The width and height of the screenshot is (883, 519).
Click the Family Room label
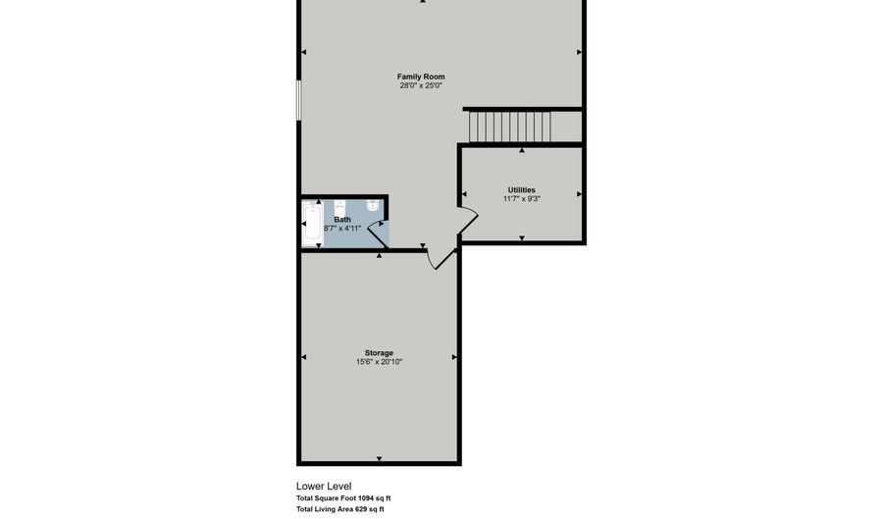[421, 77]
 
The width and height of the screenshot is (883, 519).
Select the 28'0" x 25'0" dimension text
[421, 86]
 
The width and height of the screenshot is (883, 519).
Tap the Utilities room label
[521, 189]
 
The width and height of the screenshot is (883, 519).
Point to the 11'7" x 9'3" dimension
[521, 199]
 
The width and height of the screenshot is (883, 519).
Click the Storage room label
[379, 353]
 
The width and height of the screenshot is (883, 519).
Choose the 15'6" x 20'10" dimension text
[379, 362]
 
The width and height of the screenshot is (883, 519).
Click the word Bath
[342, 220]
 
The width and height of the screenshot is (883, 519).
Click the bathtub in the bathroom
[311, 224]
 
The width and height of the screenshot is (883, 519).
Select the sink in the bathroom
[374, 206]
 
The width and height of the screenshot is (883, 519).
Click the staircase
[510, 127]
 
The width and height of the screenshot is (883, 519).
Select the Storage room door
[441, 257]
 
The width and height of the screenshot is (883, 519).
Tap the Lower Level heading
[324, 486]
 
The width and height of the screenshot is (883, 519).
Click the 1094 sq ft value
[374, 498]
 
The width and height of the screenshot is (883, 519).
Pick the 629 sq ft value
[369, 509]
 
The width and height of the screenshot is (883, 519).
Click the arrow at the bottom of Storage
[379, 458]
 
